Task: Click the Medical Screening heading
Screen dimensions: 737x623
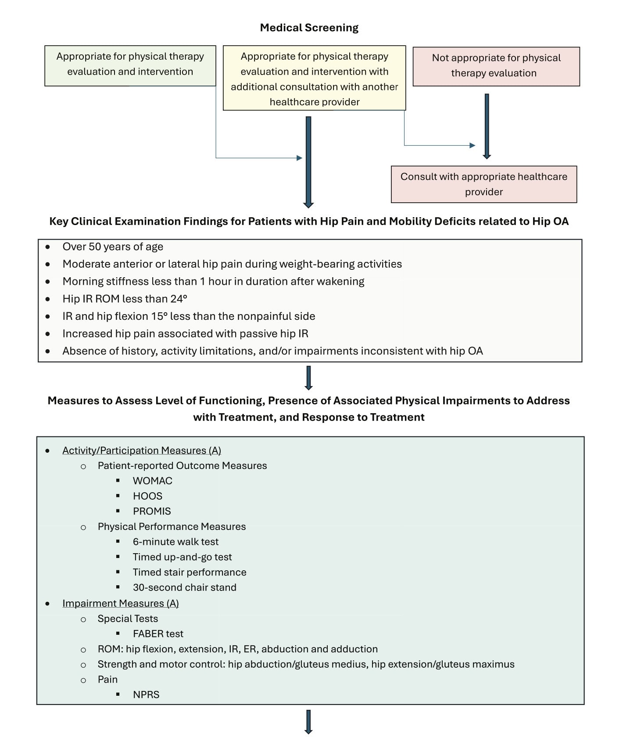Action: (x=309, y=28)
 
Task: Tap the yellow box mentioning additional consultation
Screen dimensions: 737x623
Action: (x=314, y=79)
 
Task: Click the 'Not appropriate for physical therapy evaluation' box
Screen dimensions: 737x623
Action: (x=496, y=66)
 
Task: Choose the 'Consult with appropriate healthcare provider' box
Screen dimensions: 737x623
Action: (x=483, y=184)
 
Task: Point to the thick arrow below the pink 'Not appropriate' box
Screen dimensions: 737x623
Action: (x=487, y=125)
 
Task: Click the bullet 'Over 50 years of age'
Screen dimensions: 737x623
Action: (x=113, y=247)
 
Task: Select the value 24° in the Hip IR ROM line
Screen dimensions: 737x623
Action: (x=179, y=299)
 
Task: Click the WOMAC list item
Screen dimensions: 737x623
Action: (x=152, y=481)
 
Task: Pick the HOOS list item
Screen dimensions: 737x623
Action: (x=147, y=496)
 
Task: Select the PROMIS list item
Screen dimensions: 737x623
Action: (x=152, y=511)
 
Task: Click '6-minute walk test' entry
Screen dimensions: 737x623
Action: (x=175, y=542)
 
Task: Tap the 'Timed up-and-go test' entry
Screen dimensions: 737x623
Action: (x=182, y=557)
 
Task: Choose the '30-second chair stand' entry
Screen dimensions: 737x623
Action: (x=184, y=587)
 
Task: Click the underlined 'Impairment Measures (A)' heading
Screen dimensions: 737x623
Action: (x=121, y=603)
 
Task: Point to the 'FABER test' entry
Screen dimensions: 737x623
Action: (x=158, y=634)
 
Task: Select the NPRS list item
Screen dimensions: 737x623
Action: (x=146, y=694)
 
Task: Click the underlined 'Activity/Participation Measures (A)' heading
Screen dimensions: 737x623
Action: (x=141, y=451)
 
